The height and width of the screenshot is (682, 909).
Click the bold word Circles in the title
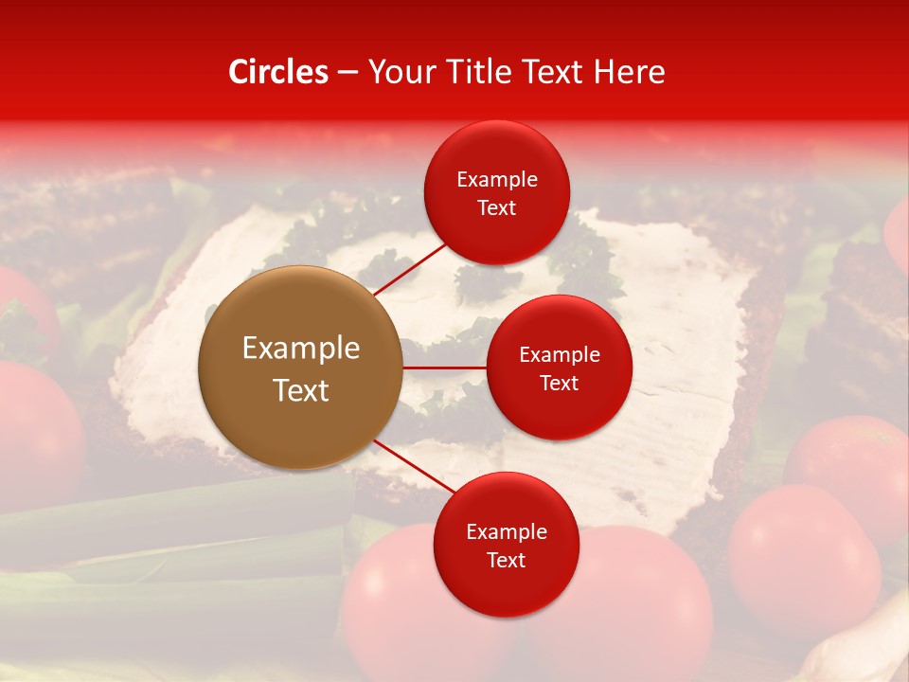tap(278, 72)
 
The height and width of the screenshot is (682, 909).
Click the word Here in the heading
tap(628, 72)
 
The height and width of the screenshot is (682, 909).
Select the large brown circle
tap(300, 368)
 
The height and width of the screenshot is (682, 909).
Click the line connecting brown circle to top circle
tap(409, 268)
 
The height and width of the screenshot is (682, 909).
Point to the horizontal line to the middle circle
tap(445, 368)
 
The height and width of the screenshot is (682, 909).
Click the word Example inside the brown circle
tap(300, 349)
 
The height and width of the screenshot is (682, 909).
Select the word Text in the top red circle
tap(496, 208)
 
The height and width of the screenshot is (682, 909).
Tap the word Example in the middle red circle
tap(559, 355)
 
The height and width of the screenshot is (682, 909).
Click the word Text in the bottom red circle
tap(506, 561)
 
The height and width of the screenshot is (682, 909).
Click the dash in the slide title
tap(348, 73)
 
